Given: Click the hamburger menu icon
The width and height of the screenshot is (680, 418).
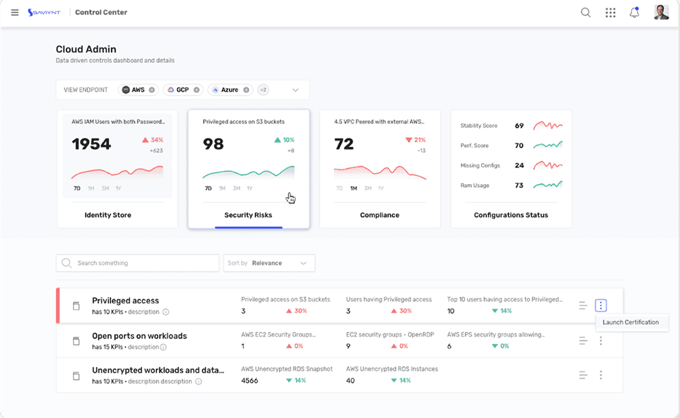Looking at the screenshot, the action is point(15,12).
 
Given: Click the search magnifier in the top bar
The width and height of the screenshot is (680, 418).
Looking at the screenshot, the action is point(585,12).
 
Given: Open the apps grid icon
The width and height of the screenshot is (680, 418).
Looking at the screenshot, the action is point(610,12).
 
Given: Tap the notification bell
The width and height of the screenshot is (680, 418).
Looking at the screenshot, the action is point(634,12).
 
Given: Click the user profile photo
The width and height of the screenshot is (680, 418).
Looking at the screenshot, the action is point(661,12).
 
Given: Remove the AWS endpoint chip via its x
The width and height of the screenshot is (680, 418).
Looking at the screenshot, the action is point(152,90).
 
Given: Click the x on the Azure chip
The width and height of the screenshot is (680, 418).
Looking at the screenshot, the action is point(246,90).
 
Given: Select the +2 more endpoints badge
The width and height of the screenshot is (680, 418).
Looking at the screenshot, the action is point(263,90).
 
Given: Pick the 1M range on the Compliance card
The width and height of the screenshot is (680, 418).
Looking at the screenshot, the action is point(354,189).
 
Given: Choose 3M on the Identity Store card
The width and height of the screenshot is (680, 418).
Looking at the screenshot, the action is point(105,189).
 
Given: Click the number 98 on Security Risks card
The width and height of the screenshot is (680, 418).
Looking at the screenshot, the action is point(213,144).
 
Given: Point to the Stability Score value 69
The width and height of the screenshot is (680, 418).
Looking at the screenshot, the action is point(519,126).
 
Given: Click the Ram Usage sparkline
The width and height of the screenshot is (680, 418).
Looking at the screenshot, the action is point(548,185).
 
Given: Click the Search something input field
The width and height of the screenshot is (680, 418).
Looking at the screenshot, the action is point(138,263).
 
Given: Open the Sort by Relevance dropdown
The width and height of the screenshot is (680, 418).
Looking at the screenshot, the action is point(269,263).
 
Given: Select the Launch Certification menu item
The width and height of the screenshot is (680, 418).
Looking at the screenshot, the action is point(631,322).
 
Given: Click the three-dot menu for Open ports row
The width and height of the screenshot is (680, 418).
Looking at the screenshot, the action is point(601,340).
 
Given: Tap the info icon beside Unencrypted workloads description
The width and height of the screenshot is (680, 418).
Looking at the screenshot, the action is point(198,381).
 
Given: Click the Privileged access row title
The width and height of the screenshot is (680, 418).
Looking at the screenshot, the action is point(125,301).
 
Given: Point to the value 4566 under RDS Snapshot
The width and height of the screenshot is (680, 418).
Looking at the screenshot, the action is point(249,381).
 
